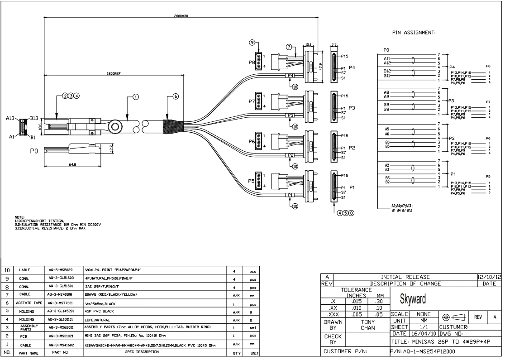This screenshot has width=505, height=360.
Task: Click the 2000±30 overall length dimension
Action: tap(181, 16)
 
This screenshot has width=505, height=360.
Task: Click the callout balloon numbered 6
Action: tap(176, 96)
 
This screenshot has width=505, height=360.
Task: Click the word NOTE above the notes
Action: tap(20, 217)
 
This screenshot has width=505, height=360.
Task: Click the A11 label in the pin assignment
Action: tap(387, 58)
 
